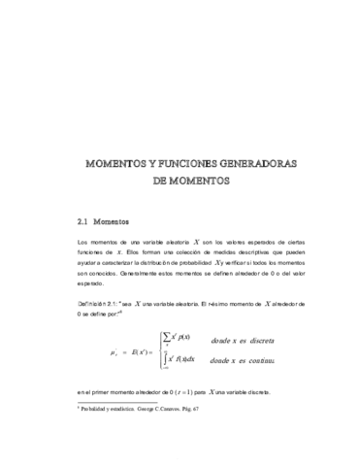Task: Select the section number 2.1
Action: [84, 220]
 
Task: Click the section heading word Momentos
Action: [118, 220]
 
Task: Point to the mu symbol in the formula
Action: [115, 351]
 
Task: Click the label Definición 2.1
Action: [97, 304]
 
